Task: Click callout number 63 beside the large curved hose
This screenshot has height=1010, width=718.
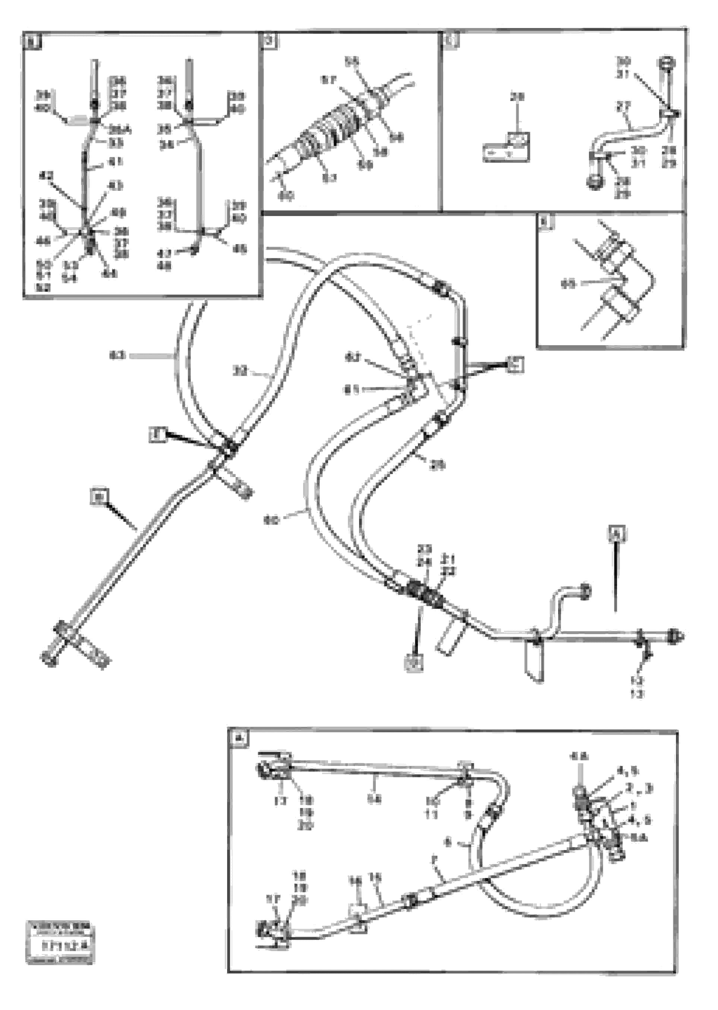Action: tap(117, 355)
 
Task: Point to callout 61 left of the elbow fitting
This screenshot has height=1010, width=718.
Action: tap(352, 389)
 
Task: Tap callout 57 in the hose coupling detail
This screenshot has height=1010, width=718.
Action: tap(328, 80)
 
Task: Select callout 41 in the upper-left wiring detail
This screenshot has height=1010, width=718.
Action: tap(117, 162)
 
